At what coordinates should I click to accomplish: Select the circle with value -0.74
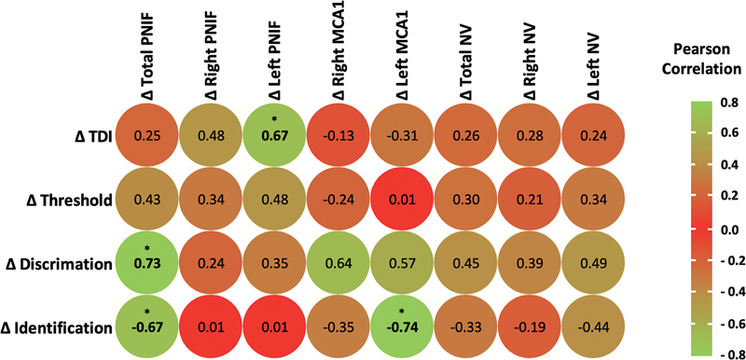pos(403,327)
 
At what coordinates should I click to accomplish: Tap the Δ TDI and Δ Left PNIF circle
pos(275,136)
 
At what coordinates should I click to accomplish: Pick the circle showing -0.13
pos(338,136)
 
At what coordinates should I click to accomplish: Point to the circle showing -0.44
pos(594,327)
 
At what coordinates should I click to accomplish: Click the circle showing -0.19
pos(530,327)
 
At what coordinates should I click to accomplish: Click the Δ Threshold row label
pos(69,201)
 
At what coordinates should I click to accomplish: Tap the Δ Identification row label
pos(57,327)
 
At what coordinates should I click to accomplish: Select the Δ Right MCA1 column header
pos(338,52)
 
